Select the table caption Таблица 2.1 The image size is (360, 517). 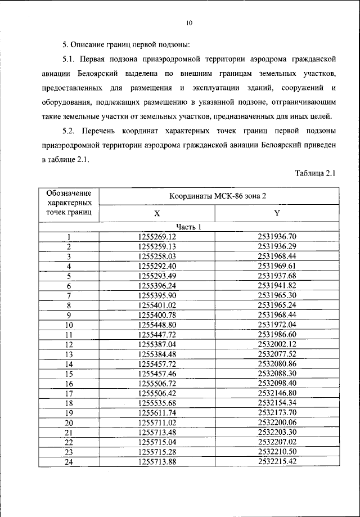click(315, 174)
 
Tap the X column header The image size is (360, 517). click(157, 214)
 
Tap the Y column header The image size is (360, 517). click(277, 214)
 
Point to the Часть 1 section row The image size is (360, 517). click(188, 227)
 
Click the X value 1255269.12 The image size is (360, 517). click(157, 237)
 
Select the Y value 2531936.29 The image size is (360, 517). click(277, 246)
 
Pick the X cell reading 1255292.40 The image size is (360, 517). click(157, 266)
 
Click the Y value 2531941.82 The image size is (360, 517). click(277, 285)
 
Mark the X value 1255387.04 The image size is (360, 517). click(157, 344)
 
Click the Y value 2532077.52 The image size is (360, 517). click(277, 354)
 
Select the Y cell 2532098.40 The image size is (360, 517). click(277, 383)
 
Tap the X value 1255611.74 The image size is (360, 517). click(157, 412)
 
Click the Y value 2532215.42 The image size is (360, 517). click(277, 461)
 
